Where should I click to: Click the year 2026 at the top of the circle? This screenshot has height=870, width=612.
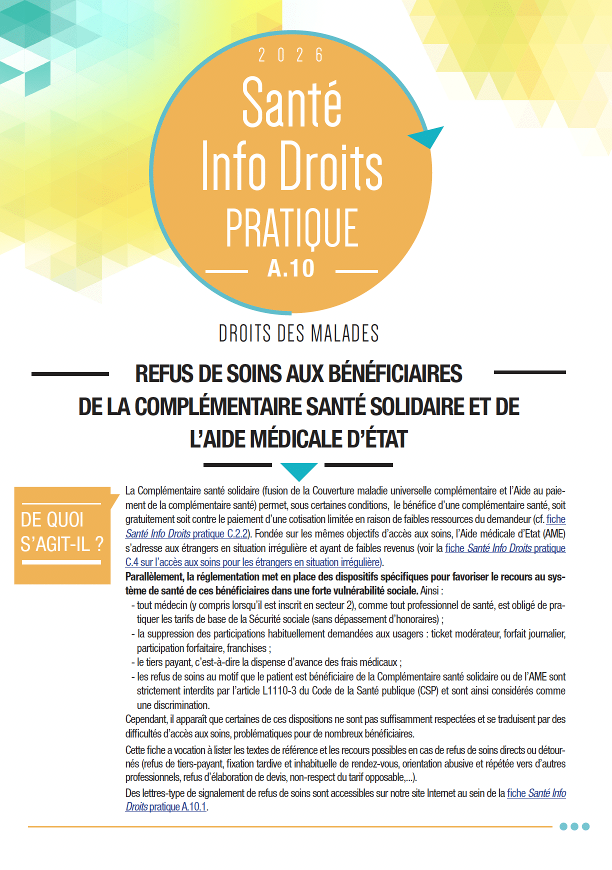click(290, 55)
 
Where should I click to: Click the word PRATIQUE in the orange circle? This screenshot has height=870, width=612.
click(291, 228)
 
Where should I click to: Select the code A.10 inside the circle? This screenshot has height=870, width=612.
click(291, 268)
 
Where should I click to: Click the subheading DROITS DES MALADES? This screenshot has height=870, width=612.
click(298, 333)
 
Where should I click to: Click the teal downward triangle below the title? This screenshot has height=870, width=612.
click(299, 470)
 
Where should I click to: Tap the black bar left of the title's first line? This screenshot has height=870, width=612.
click(70, 373)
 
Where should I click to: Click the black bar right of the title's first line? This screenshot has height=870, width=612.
click(529, 372)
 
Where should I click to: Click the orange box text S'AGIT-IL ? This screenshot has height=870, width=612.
click(62, 543)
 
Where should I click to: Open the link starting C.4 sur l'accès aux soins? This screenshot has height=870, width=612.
click(253, 562)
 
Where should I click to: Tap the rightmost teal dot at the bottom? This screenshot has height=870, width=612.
click(586, 826)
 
